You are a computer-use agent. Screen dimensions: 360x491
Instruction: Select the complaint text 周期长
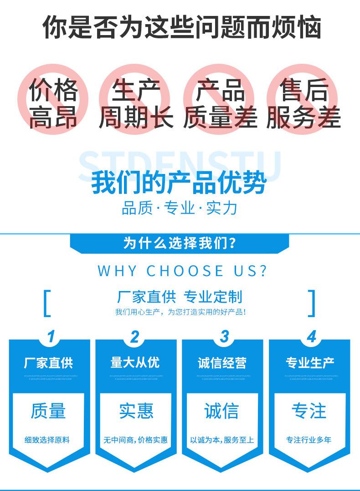pyautogui.click(x=136, y=118)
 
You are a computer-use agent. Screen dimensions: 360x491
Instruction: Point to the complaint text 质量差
pyautogui.click(x=221, y=118)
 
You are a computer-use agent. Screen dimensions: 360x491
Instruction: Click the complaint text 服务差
pyautogui.click(x=303, y=118)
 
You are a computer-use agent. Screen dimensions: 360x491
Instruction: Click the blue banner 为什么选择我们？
pyautogui.click(x=179, y=243)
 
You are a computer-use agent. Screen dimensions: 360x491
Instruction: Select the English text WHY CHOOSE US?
pyautogui.click(x=182, y=271)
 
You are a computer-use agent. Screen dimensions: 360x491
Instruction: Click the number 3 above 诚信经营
pyautogui.click(x=224, y=337)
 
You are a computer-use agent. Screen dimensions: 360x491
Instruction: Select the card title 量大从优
pyautogui.click(x=135, y=363)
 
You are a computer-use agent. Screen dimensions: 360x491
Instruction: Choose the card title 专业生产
pyautogui.click(x=310, y=363)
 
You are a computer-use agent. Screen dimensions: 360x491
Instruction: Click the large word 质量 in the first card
pyautogui.click(x=48, y=411)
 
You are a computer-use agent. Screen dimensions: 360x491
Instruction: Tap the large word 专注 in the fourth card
pyautogui.click(x=309, y=411)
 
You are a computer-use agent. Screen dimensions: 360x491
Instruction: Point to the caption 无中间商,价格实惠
pyautogui.click(x=135, y=440)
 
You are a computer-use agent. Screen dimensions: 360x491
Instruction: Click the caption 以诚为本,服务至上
pyautogui.click(x=222, y=440)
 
